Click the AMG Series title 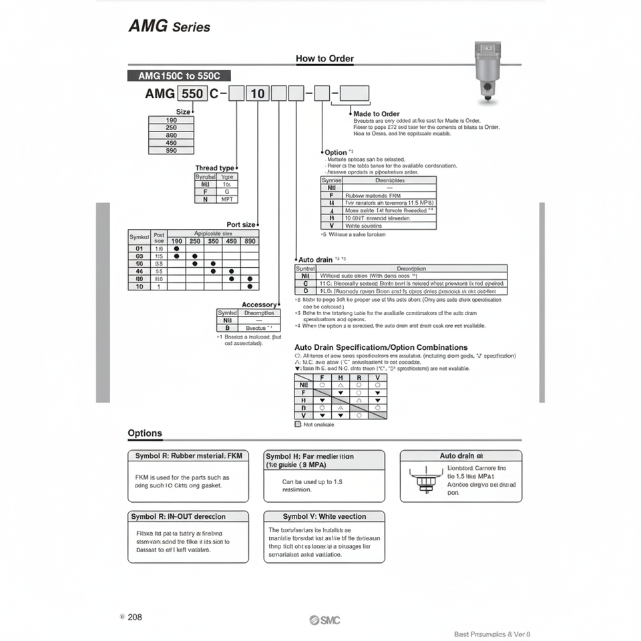(x=168, y=27)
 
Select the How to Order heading (x=325, y=59)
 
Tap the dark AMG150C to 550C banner (x=178, y=76)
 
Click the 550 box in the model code (x=193, y=93)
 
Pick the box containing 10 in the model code (x=257, y=93)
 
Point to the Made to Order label (x=377, y=114)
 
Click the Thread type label (x=214, y=168)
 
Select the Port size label (x=241, y=225)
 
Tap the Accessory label (x=258, y=304)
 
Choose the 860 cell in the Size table (x=171, y=135)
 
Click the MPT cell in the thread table (x=227, y=199)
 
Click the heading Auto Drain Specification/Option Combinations (x=381, y=348)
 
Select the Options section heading (x=145, y=433)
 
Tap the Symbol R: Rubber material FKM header (x=188, y=456)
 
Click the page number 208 (x=134, y=617)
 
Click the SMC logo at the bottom (x=325, y=620)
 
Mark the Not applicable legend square (x=298, y=425)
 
